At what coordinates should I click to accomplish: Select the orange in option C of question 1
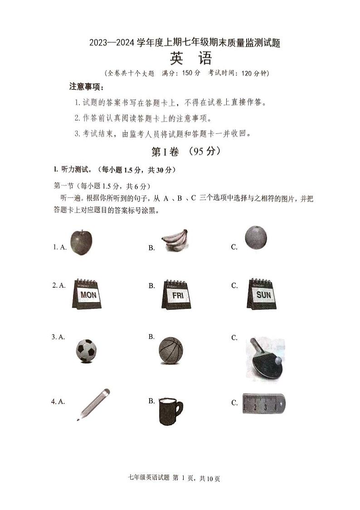coord(256,238)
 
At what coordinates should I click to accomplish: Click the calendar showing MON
coord(87,294)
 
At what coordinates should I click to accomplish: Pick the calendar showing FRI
coord(176,294)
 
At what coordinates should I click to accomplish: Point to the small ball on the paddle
coord(277,360)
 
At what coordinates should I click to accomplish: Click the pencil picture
coord(94,404)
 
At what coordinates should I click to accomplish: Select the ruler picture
coord(263,403)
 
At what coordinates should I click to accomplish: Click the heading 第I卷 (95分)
coord(186,152)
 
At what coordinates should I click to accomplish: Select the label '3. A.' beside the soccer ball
coord(58,337)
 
